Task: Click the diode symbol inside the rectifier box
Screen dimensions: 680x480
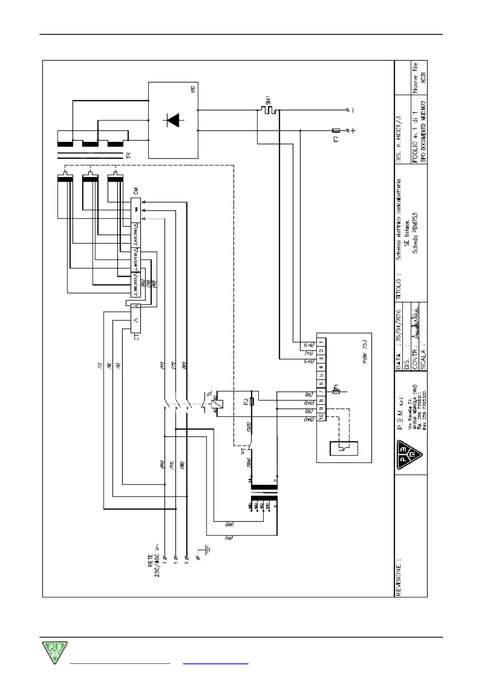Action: [x=173, y=120]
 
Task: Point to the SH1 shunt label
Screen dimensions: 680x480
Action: [x=268, y=100]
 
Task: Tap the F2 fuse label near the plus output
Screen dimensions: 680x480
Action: [x=336, y=139]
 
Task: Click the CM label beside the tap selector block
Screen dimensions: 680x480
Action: [x=136, y=191]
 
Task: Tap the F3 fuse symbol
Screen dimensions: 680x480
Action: [x=252, y=402]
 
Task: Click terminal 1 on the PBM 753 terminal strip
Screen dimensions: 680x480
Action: [x=321, y=342]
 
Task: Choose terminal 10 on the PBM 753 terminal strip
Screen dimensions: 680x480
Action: [x=321, y=416]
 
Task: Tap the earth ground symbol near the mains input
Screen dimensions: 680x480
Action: [x=206, y=550]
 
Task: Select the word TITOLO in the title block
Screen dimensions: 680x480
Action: [x=399, y=289]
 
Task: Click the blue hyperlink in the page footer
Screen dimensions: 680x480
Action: [x=215, y=663]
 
